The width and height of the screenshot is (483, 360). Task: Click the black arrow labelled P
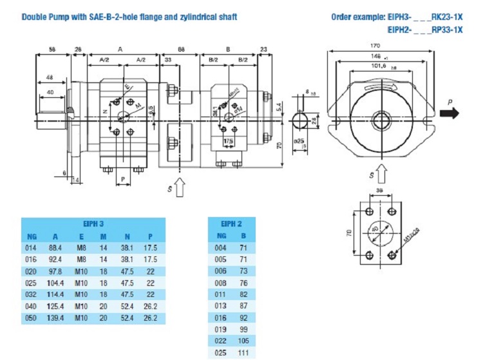point(450,113)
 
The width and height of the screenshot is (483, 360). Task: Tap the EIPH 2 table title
point(231,223)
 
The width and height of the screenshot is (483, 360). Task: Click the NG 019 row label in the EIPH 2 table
point(220,330)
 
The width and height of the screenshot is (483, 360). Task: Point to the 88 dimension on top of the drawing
point(182,48)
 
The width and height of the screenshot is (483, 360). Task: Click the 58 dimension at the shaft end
point(52,48)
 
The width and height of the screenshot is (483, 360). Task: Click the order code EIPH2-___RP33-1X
point(424,30)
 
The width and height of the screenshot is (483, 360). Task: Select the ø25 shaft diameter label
point(299,140)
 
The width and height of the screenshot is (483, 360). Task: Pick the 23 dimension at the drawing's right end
point(264,48)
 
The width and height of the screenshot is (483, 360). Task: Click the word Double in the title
point(35,16)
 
